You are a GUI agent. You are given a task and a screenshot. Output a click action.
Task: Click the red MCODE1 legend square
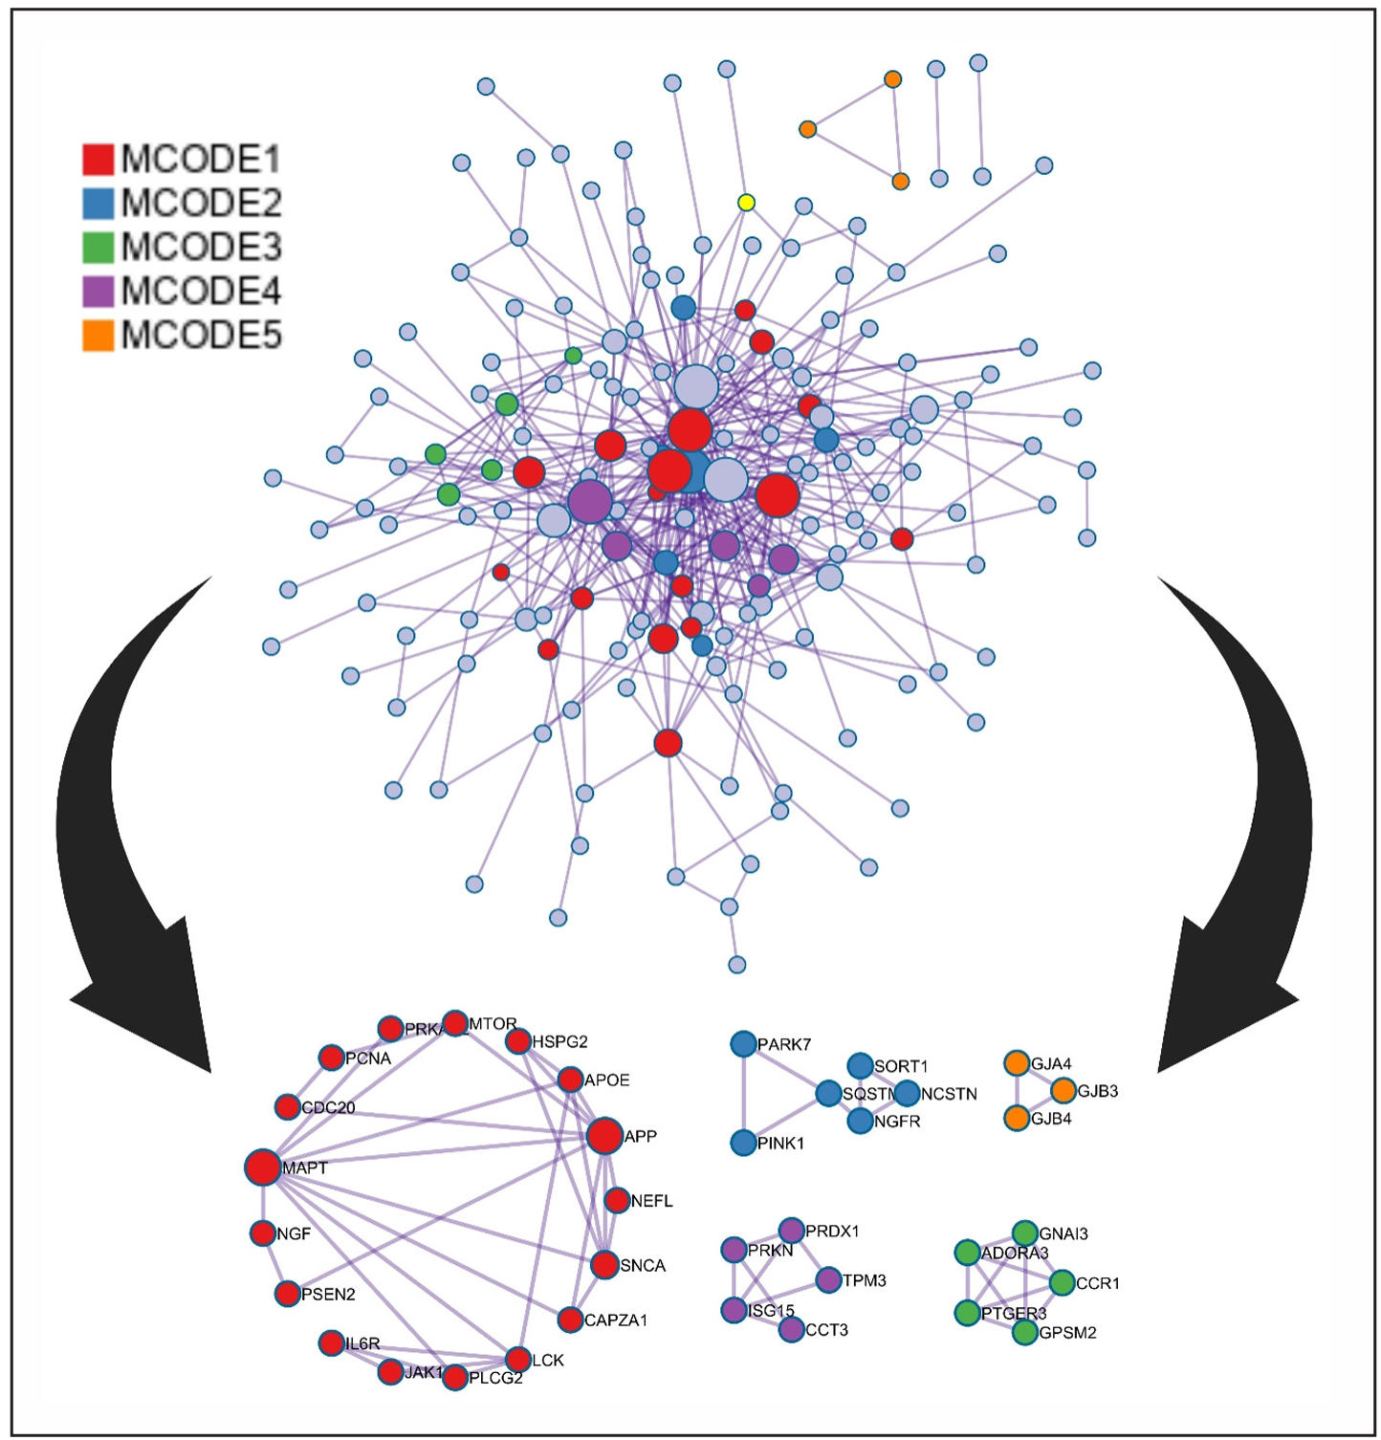pyautogui.click(x=98, y=159)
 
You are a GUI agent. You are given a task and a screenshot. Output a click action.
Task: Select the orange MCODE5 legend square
pyautogui.click(x=98, y=335)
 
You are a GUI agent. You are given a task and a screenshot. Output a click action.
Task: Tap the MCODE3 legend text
pyautogui.click(x=201, y=247)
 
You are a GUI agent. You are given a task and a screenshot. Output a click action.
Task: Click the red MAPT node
pyautogui.click(x=263, y=1167)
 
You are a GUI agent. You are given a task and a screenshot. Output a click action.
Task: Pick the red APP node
pyautogui.click(x=604, y=1136)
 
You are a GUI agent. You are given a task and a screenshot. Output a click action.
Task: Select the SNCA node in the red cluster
pyautogui.click(x=604, y=1264)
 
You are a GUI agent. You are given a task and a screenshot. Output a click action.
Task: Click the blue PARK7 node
pyautogui.click(x=743, y=1044)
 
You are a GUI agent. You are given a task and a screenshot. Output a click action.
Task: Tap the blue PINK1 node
pyautogui.click(x=743, y=1143)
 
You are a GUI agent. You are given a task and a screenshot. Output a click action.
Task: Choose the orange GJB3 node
pyautogui.click(x=1063, y=1090)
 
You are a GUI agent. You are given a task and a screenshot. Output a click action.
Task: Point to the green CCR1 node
pyautogui.click(x=1062, y=1282)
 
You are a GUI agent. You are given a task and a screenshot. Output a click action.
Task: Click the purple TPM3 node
pyautogui.click(x=828, y=1279)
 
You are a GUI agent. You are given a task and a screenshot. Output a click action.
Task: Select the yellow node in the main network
pyautogui.click(x=747, y=203)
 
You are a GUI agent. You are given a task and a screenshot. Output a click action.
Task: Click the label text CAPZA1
pyautogui.click(x=616, y=1320)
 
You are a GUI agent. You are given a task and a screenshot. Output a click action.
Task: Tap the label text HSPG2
pyautogui.click(x=559, y=1041)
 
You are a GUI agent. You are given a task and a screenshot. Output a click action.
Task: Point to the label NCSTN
pyautogui.click(x=949, y=1094)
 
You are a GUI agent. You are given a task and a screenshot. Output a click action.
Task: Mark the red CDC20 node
pyautogui.click(x=287, y=1107)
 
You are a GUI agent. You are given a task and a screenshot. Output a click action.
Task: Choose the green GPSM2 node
pyautogui.click(x=1025, y=1331)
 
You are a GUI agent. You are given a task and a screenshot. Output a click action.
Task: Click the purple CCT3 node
pyautogui.click(x=791, y=1329)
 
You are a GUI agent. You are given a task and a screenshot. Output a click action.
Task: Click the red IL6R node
pyautogui.click(x=332, y=1342)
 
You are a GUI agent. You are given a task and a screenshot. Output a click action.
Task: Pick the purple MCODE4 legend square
pyautogui.click(x=98, y=291)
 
